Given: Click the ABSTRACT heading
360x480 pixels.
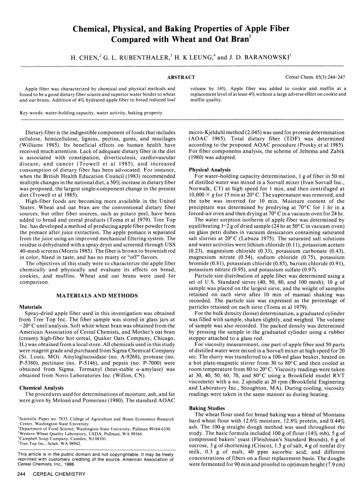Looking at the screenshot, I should click(x=181, y=76).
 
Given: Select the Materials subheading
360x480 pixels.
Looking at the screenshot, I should click(x=31, y=307).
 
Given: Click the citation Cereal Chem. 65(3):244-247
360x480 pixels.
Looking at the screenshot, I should click(x=315, y=76).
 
